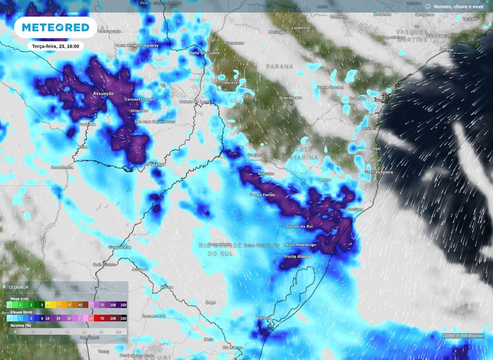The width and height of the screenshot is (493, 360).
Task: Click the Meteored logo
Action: coord(52,27)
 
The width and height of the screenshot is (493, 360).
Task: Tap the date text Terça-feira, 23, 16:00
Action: coord(55,46)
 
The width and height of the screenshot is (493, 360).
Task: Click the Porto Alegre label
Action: coord(298,257)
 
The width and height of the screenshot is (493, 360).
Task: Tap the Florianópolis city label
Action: coord(379,172)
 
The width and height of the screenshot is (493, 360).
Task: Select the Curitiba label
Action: coord(358,98)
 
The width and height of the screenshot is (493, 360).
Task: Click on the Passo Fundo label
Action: coord(262,194)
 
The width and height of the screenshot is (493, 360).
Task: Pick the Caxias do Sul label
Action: coord(297,226)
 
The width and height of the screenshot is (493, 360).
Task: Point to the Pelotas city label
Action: coord(264,318)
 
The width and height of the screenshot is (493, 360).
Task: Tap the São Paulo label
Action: coord(438,36)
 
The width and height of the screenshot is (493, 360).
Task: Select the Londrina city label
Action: coord(301,28)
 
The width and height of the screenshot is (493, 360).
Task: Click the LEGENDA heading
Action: coord(18,287)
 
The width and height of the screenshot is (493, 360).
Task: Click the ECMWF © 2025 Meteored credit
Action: coord(463,336)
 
